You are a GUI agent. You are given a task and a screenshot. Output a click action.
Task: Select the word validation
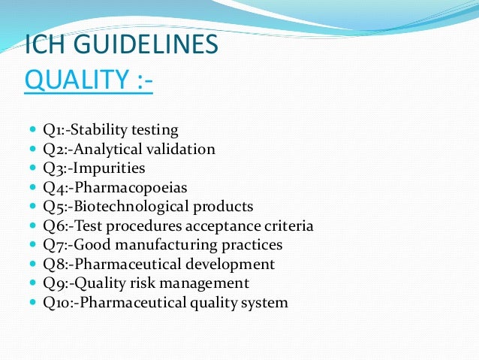click(176, 149)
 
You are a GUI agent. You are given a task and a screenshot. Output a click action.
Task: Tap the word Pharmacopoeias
click(127, 187)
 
